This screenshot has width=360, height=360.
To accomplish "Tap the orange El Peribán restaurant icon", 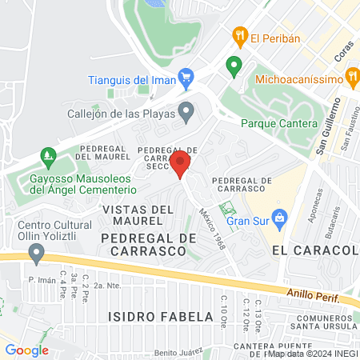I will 238,36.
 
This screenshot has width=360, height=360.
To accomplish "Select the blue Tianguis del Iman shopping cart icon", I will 186,78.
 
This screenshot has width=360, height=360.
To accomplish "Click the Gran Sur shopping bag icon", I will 279,217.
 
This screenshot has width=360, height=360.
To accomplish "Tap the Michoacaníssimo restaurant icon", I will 352,78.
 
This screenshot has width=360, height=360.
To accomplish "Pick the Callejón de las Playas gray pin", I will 186,111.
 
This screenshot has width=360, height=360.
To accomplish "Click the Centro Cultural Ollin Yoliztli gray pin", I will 35,254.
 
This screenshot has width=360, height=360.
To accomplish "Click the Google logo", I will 26,350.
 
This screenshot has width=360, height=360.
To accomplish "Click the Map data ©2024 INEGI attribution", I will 310,354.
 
